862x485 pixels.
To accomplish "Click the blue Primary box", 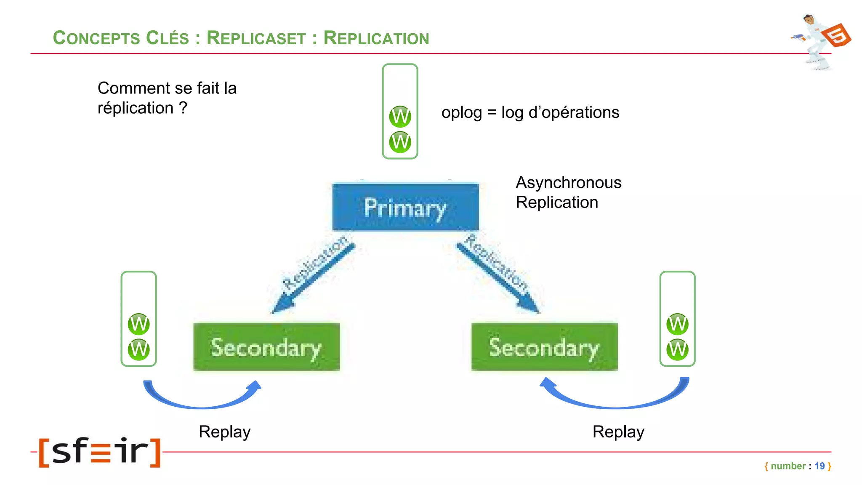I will click(405, 207).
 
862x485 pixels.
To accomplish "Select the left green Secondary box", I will click(266, 347).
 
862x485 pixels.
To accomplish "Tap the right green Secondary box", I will click(544, 347).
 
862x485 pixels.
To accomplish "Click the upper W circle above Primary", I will click(400, 117).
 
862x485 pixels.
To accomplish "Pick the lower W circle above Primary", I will click(400, 142).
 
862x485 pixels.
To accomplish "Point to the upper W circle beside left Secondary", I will click(138, 324).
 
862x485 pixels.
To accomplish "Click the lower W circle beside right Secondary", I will click(677, 349).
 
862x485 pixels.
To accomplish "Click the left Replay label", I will click(224, 432).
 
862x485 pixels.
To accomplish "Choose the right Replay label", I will click(618, 432).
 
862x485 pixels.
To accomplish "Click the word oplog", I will click(461, 113).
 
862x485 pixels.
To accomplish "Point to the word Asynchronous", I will click(568, 183).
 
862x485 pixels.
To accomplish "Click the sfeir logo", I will click(100, 452).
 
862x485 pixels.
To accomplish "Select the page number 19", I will click(819, 466).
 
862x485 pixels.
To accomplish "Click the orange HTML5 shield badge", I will click(837, 35).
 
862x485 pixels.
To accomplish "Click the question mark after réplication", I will click(183, 108).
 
